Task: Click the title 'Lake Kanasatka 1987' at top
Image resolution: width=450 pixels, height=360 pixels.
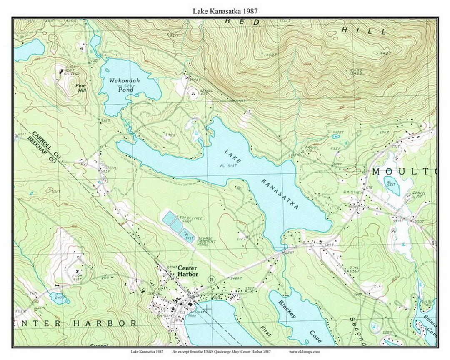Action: click(x=225, y=11)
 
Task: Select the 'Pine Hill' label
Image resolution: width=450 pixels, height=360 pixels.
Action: click(x=81, y=87)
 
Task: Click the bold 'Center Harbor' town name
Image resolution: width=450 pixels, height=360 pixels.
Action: click(x=187, y=271)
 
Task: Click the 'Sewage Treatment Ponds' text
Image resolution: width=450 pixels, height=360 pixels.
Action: click(x=206, y=242)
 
